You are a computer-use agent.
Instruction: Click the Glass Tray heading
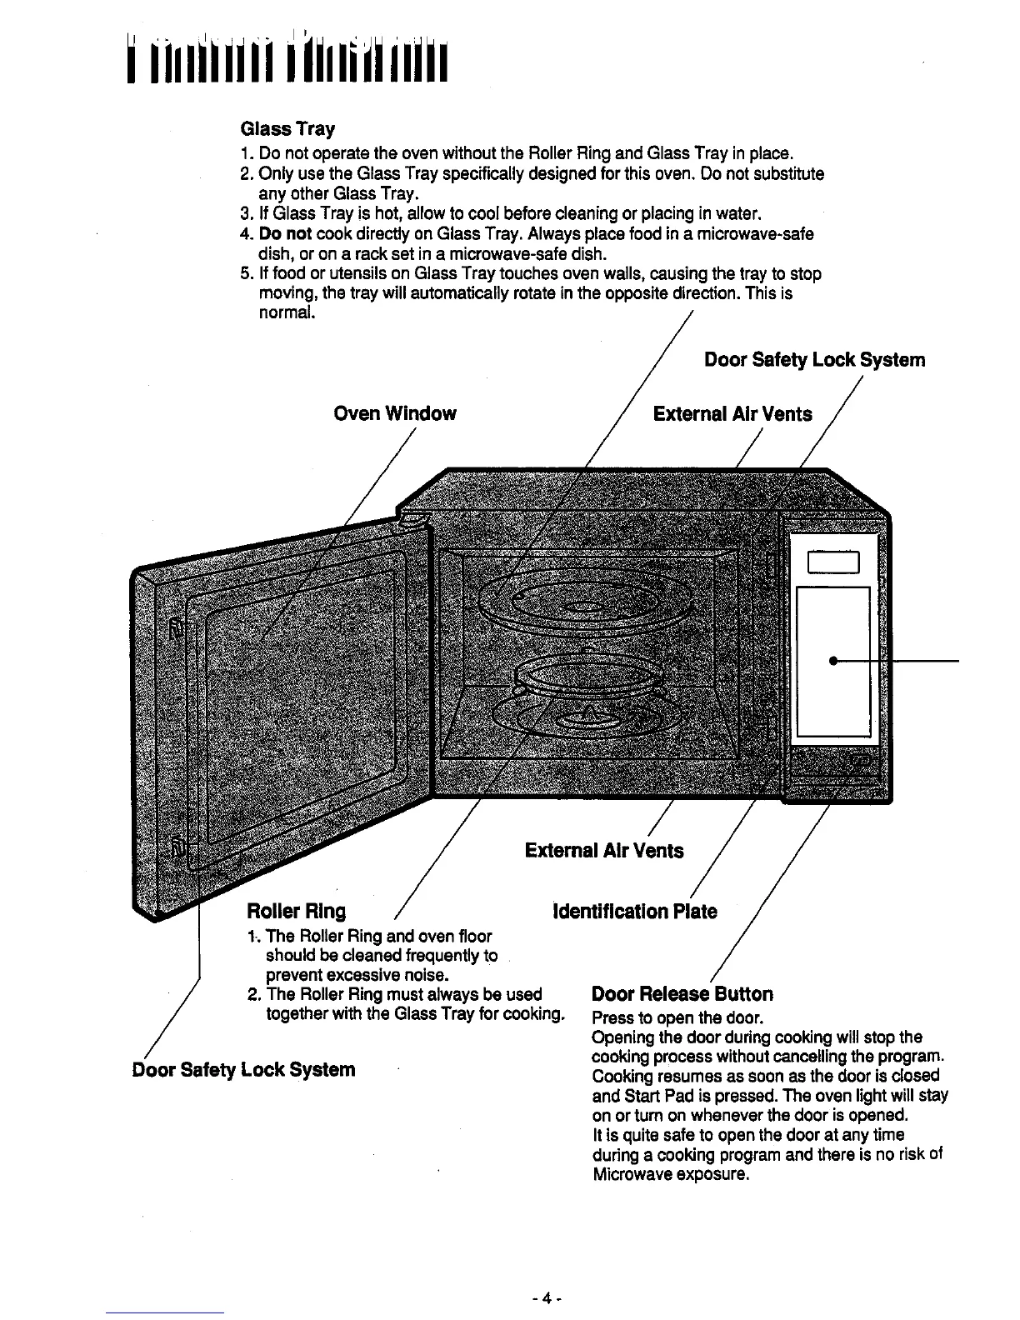[287, 129]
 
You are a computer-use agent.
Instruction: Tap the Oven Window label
[394, 413]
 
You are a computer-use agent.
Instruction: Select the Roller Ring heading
[296, 911]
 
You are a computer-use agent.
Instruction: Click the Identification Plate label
[635, 911]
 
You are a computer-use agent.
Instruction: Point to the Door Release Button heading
[682, 993]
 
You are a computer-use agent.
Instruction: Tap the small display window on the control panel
[833, 564]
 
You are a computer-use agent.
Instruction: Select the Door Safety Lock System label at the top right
[814, 360]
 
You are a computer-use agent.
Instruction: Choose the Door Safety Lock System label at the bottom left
[243, 1069]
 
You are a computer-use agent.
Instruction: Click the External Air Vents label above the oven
[732, 413]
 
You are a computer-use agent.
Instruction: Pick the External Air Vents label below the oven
[603, 850]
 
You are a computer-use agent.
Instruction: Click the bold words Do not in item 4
[285, 234]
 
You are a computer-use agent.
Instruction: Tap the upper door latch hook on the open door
[176, 628]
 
